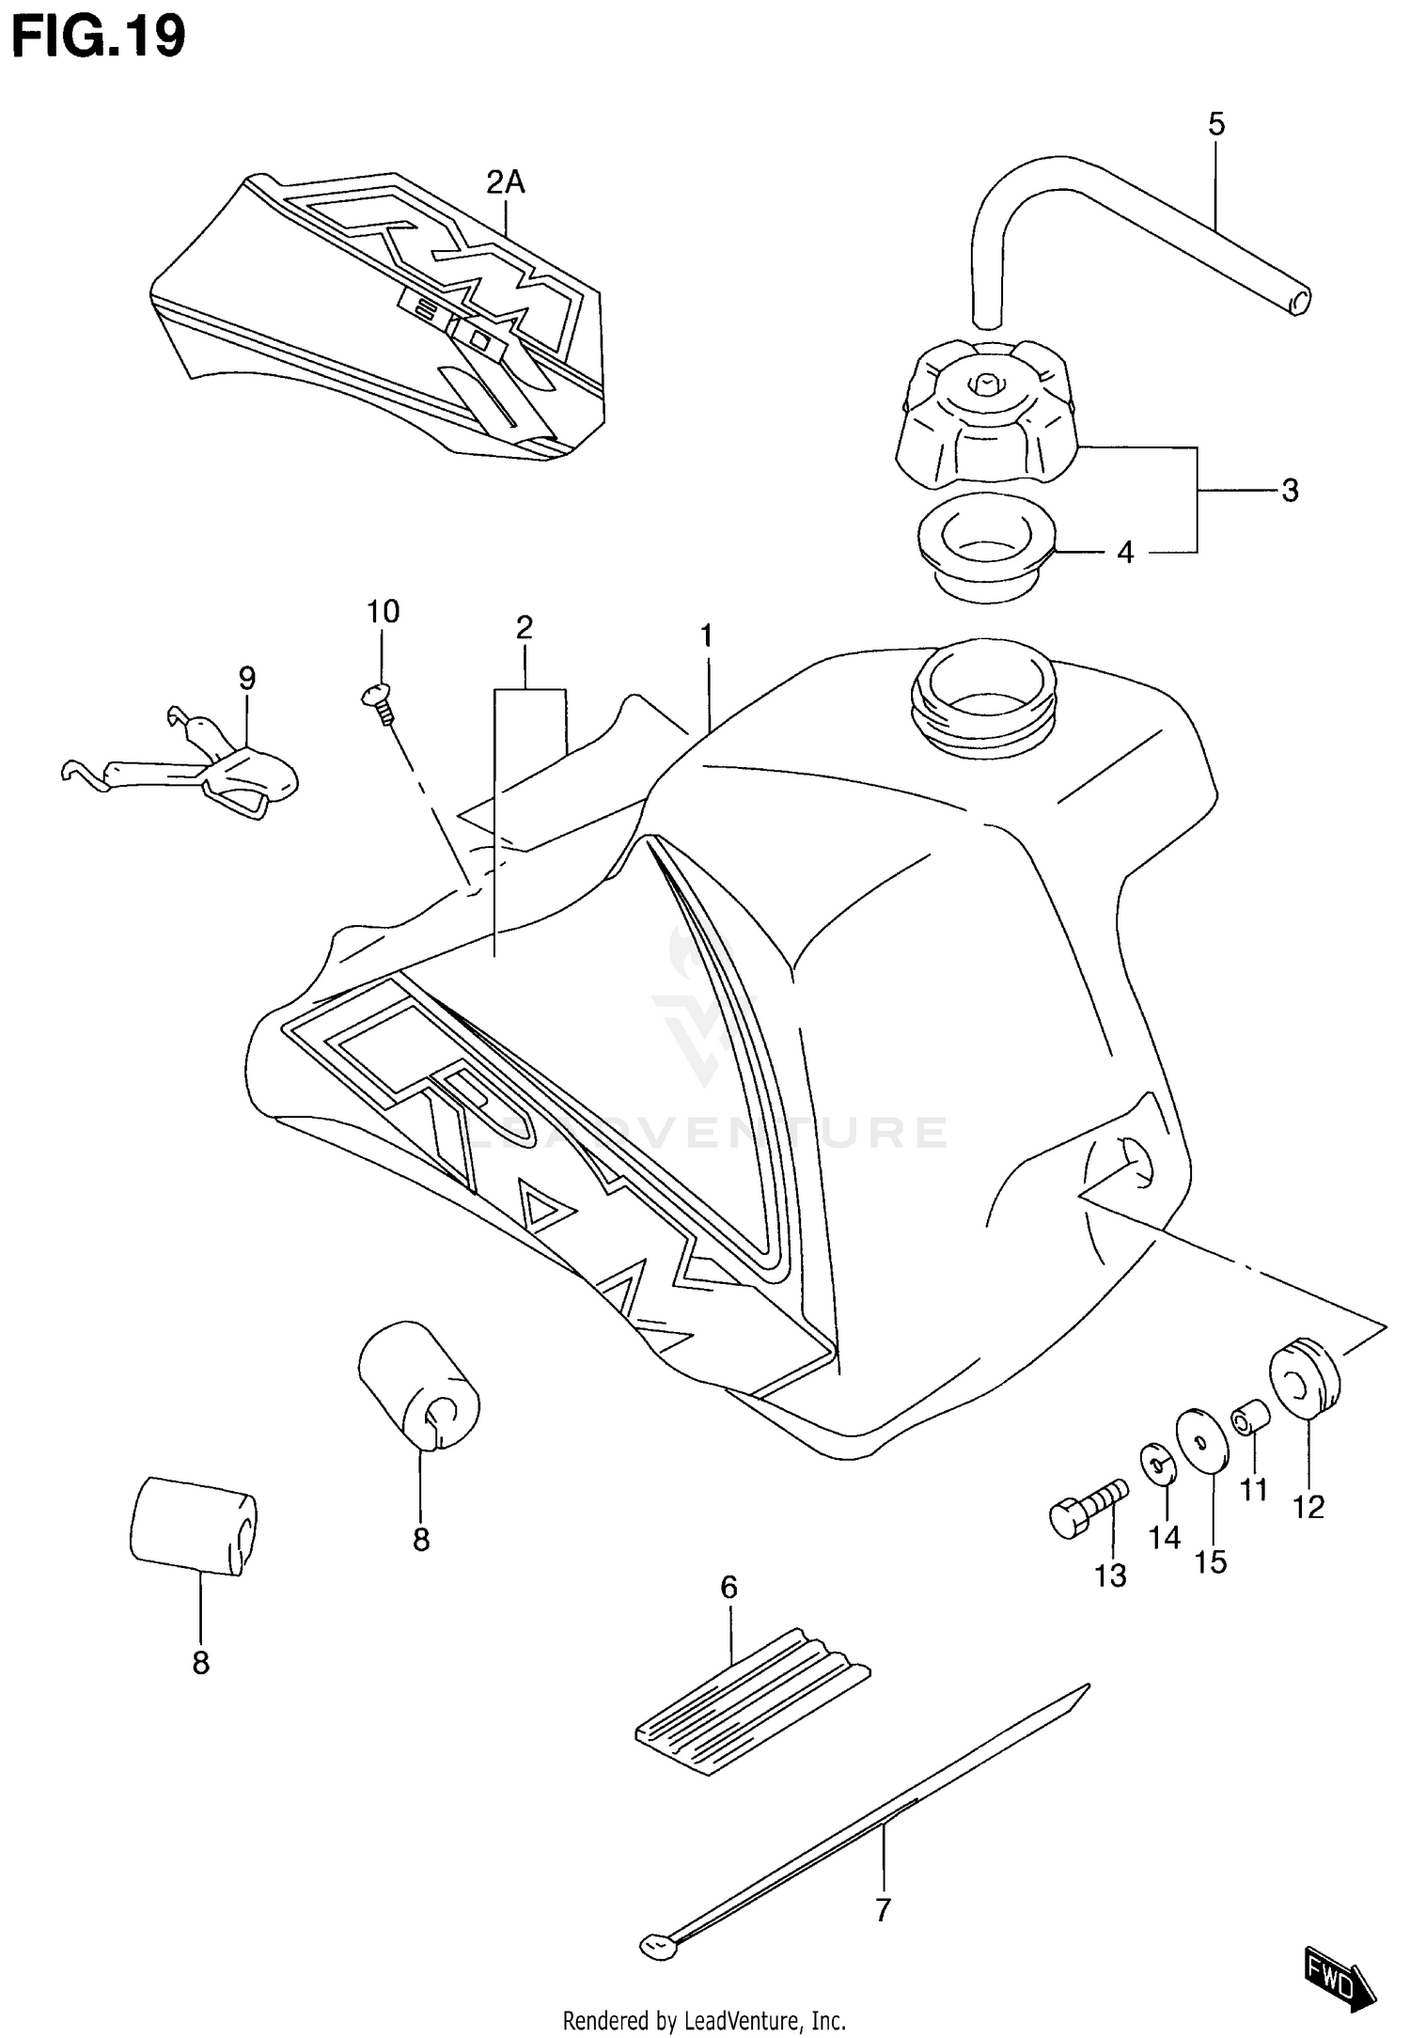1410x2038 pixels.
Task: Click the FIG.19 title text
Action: click(99, 38)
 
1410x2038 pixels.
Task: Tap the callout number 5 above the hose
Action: click(1216, 124)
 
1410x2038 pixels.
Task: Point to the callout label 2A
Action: click(506, 181)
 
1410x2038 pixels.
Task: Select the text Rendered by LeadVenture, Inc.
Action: click(704, 2019)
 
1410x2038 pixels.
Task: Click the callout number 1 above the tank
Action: click(706, 636)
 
